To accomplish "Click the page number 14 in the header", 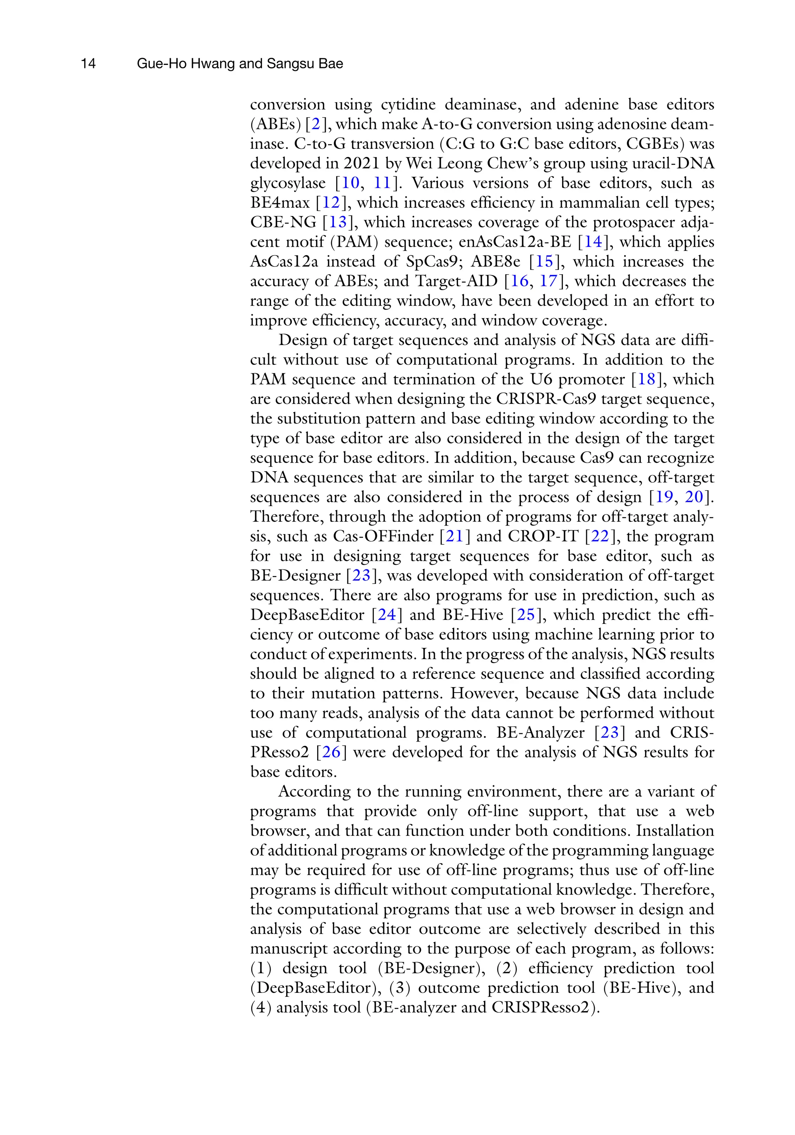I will [88, 64].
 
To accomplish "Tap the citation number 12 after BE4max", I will [332, 203].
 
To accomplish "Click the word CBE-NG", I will [283, 223].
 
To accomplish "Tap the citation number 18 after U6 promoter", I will [647, 379].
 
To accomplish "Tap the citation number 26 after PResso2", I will [332, 752].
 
